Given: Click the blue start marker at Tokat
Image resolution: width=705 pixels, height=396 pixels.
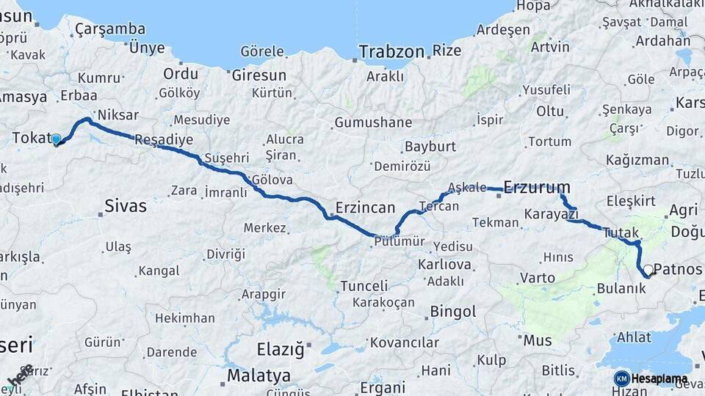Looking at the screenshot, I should coord(56,139).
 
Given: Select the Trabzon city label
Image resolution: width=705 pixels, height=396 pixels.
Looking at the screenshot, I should coord(391,51).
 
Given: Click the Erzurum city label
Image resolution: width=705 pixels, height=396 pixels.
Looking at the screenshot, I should coord(537,187).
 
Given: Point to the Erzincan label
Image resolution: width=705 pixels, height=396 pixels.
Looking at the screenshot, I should coord(365,207).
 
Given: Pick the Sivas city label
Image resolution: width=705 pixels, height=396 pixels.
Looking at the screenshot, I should coord(125,205).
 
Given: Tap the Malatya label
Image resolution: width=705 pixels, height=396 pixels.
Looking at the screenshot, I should coord(258,375).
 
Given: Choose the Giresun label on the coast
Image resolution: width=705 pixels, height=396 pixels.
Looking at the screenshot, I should coord(258,75).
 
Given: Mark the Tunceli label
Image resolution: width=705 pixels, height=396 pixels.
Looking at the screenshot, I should coord(364,285).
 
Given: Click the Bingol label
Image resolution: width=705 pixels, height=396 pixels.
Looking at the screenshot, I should coord(453,312).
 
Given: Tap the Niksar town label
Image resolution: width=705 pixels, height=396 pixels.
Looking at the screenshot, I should coord(117,114).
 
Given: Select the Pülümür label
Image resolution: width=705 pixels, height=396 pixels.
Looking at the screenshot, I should coord(397,241).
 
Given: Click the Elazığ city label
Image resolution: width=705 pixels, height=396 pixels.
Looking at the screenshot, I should coord(280,349).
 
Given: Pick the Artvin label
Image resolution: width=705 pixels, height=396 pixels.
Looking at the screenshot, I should coord(550,47).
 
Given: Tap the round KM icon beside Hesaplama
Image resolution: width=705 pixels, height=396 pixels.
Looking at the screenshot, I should coord(621,378).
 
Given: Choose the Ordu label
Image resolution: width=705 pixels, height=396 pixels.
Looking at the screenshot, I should coord(181,73).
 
